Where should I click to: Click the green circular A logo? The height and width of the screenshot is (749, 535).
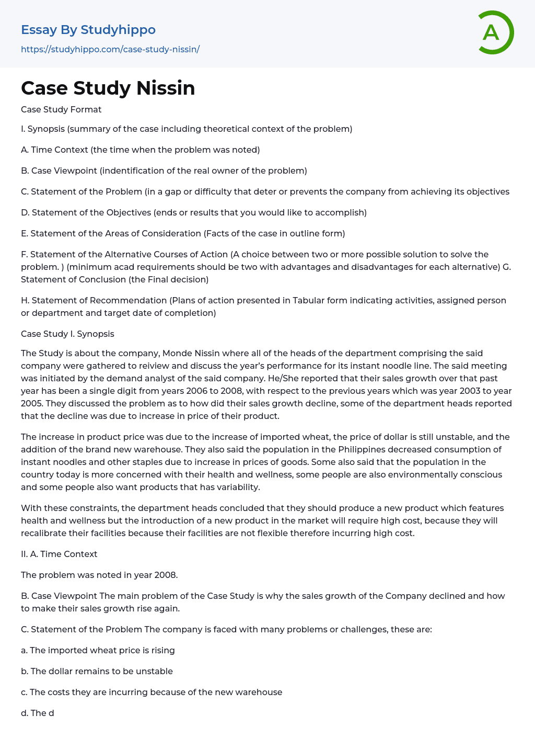pos(495,32)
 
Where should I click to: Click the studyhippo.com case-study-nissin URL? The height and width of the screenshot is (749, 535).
pos(110,49)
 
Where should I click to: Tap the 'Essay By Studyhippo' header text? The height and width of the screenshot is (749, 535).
pos(88,30)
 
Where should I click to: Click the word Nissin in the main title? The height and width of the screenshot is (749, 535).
pos(166,88)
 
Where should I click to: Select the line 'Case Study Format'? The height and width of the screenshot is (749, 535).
pos(61,109)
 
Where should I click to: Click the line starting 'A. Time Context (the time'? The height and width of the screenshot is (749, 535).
pos(140,150)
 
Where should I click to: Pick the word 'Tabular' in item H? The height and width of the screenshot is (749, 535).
pos(309,300)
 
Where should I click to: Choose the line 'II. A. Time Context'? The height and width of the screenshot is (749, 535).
pos(59,554)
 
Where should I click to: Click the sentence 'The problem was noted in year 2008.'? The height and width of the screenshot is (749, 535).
pos(99,575)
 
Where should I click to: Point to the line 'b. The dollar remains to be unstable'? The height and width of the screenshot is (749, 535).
pos(97,671)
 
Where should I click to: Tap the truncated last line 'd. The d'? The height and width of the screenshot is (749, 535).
pos(38,713)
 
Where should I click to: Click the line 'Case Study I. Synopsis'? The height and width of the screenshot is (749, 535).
pos(67,334)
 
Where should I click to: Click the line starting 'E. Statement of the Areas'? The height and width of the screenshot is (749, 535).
pos(183,233)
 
